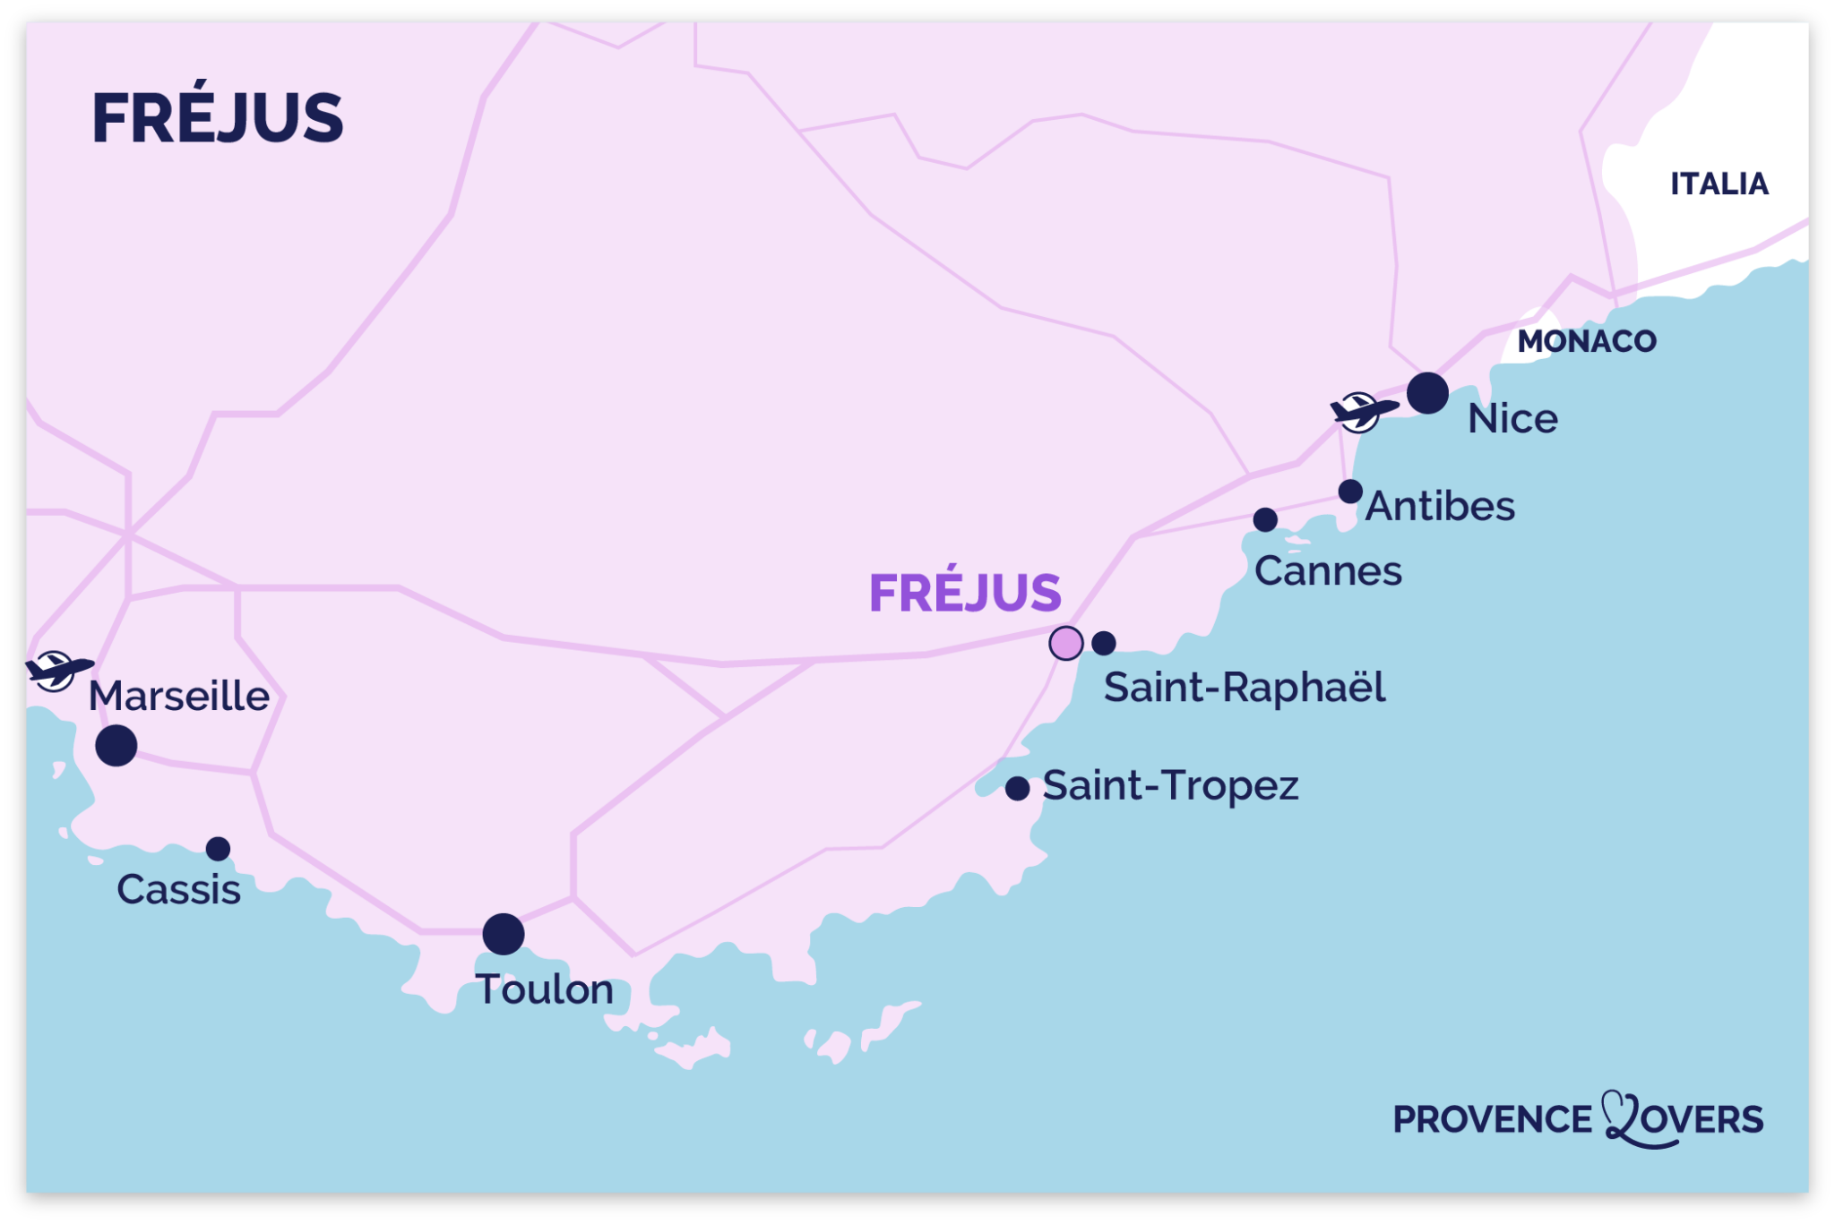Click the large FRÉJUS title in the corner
pyautogui.click(x=217, y=118)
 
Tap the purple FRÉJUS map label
pyautogui.click(x=965, y=593)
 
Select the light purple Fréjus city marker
pyautogui.click(x=1065, y=643)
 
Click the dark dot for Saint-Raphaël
pyautogui.click(x=1104, y=643)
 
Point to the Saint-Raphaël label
pyautogui.click(x=1244, y=688)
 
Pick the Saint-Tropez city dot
pyautogui.click(x=1017, y=788)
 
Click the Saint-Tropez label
pyautogui.click(x=1170, y=786)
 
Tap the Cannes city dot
pyautogui.click(x=1265, y=519)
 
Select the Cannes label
pyautogui.click(x=1327, y=571)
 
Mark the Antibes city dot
pyautogui.click(x=1350, y=492)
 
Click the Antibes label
pyautogui.click(x=1439, y=507)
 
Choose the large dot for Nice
pyautogui.click(x=1427, y=393)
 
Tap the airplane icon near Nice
pyautogui.click(x=1362, y=412)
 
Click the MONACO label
pyautogui.click(x=1586, y=341)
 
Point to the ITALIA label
pyautogui.click(x=1719, y=184)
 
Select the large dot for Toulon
pyautogui.click(x=504, y=934)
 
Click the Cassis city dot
pyautogui.click(x=218, y=848)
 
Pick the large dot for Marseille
pyautogui.click(x=116, y=745)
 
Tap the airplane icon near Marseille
pyautogui.click(x=57, y=670)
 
